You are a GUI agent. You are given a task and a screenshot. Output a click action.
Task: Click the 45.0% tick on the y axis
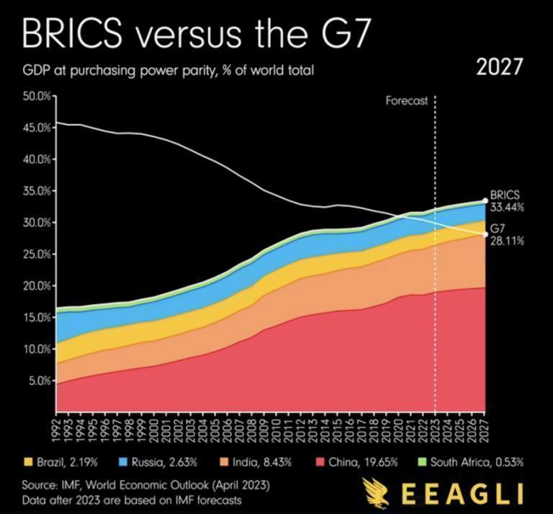37,128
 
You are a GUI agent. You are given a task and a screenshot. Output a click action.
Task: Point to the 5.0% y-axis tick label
39,381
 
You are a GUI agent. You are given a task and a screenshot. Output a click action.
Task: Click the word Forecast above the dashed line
407,102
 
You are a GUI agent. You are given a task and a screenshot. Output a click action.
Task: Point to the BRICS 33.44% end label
507,201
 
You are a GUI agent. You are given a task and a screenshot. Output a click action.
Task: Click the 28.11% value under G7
508,242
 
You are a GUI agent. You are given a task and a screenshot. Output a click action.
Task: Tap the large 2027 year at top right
500,68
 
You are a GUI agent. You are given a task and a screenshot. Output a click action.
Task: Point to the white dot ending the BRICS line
485,201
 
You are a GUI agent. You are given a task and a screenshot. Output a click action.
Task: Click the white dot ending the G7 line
485,234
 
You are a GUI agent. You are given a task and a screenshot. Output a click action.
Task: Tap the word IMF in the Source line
74,484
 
